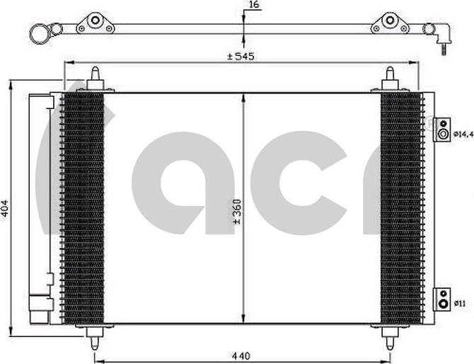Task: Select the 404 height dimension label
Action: (x=6, y=207)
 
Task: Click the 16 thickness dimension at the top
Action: (x=253, y=6)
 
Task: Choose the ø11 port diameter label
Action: (x=460, y=304)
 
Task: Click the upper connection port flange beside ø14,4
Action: (x=442, y=130)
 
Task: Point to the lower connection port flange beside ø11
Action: (x=442, y=299)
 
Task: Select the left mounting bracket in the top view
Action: (x=95, y=23)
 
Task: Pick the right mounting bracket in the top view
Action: (x=389, y=23)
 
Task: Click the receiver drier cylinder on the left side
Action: (x=40, y=205)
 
